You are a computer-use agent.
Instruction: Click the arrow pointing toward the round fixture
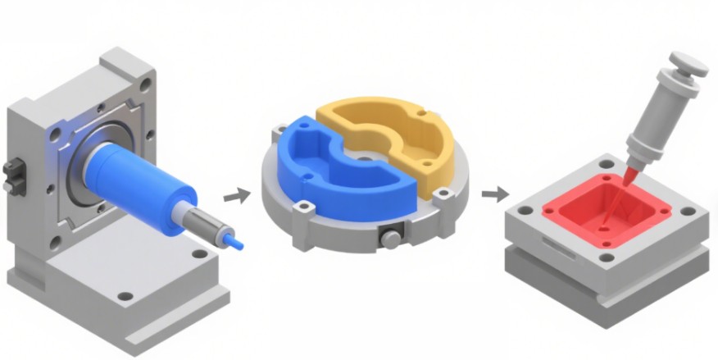pos(237,196)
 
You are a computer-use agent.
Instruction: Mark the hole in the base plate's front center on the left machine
pos(125,295)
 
